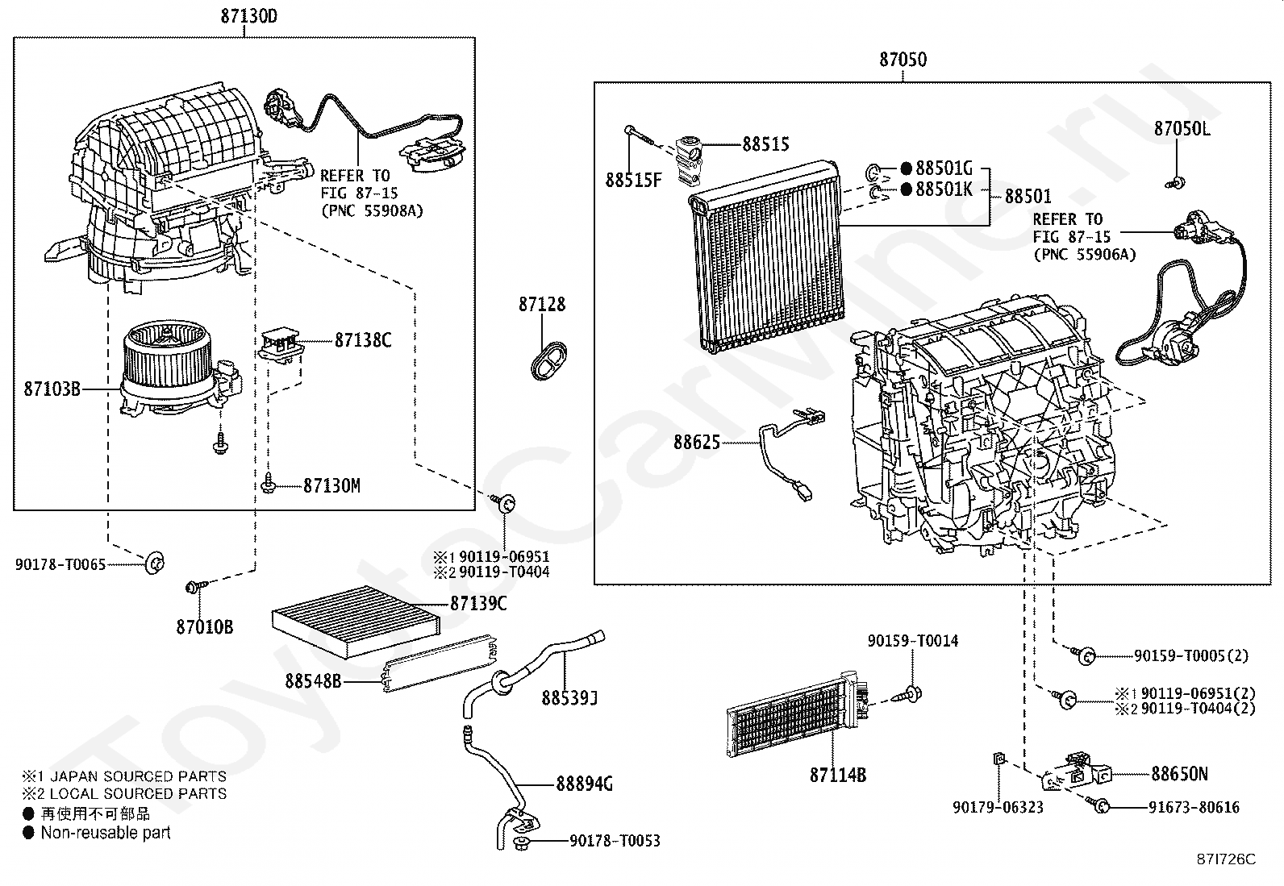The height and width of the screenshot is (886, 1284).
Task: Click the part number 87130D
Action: pos(248,16)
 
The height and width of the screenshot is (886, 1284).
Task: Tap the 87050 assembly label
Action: pos(903,60)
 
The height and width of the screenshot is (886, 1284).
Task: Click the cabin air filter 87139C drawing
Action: pos(356,622)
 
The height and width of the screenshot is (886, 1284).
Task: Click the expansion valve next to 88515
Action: pos(688,161)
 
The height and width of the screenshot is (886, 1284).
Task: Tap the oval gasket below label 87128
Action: pos(548,360)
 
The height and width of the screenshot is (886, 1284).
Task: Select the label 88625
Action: pos(697,443)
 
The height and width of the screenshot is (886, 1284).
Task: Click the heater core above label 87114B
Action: pos(798,714)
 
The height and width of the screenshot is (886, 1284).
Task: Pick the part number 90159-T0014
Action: pos(912,641)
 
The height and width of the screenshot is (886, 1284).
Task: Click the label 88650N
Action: pos(1179,774)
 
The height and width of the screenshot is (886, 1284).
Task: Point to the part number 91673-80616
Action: pos(1194,808)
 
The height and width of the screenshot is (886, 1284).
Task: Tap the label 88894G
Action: pos(584,784)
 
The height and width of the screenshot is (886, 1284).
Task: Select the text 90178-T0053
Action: pos(615,841)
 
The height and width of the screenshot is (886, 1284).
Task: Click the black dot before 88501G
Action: pos(907,168)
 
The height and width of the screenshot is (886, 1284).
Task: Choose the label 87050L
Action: pos(1182,129)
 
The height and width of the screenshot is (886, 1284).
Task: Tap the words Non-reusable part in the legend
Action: pos(106,833)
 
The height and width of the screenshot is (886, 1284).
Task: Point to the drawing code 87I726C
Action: pos(1226,859)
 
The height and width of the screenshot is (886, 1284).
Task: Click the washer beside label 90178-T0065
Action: pos(155,563)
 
